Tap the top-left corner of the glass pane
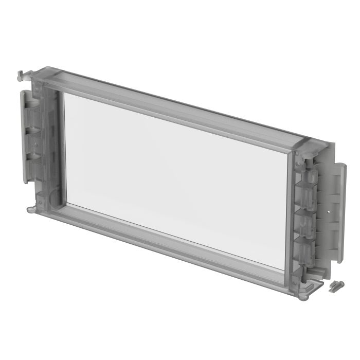(64, 94)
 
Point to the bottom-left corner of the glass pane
(66, 202)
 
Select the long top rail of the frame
(175, 105)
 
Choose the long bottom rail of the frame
(170, 246)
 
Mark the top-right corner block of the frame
(309, 147)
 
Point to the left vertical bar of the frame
(51, 144)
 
